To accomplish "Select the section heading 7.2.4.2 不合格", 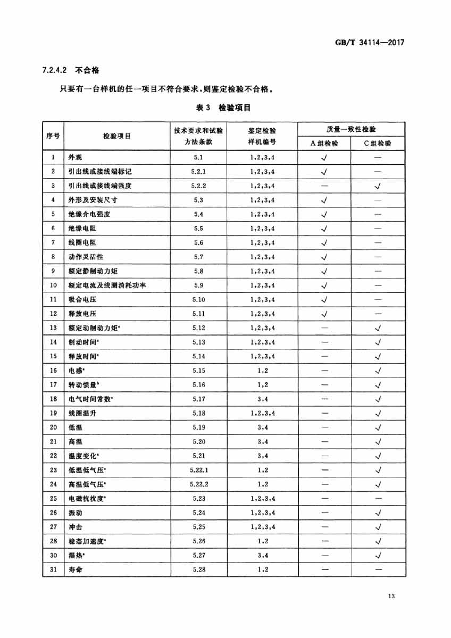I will [x=70, y=70].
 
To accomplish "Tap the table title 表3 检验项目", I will [x=223, y=107].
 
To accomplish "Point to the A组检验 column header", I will [x=324, y=143].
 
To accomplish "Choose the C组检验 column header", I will [x=378, y=143].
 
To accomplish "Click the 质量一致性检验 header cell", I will [x=350, y=129].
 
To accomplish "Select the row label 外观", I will [x=76, y=157].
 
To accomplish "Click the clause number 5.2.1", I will [x=198, y=172].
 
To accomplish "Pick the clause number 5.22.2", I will [x=198, y=484].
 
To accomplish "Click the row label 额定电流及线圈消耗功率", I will [x=107, y=286].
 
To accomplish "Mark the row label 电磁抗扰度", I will [x=87, y=499].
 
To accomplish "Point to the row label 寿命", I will [x=76, y=569].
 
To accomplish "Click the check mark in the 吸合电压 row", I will [x=324, y=300].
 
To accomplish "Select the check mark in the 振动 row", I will [x=378, y=513].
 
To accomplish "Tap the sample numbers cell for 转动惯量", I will [x=262, y=385].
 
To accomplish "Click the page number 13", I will [x=391, y=597].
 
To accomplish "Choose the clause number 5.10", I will [x=198, y=300].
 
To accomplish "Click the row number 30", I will [x=53, y=556].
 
